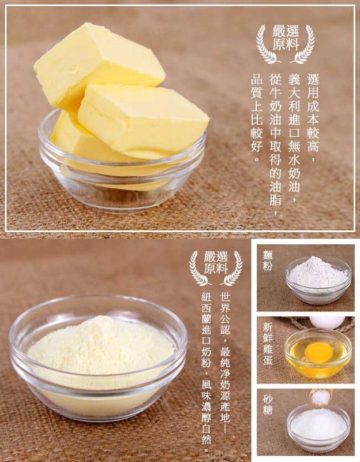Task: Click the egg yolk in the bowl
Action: point(319,352)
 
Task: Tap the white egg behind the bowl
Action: point(327,322)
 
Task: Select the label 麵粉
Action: point(268,260)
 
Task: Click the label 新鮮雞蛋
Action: point(268,344)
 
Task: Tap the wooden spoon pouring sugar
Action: point(322,396)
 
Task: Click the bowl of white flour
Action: point(318,280)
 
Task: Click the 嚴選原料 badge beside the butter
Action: point(285,44)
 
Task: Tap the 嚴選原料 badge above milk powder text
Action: point(216,267)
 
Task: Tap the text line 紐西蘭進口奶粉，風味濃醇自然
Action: point(207,372)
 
